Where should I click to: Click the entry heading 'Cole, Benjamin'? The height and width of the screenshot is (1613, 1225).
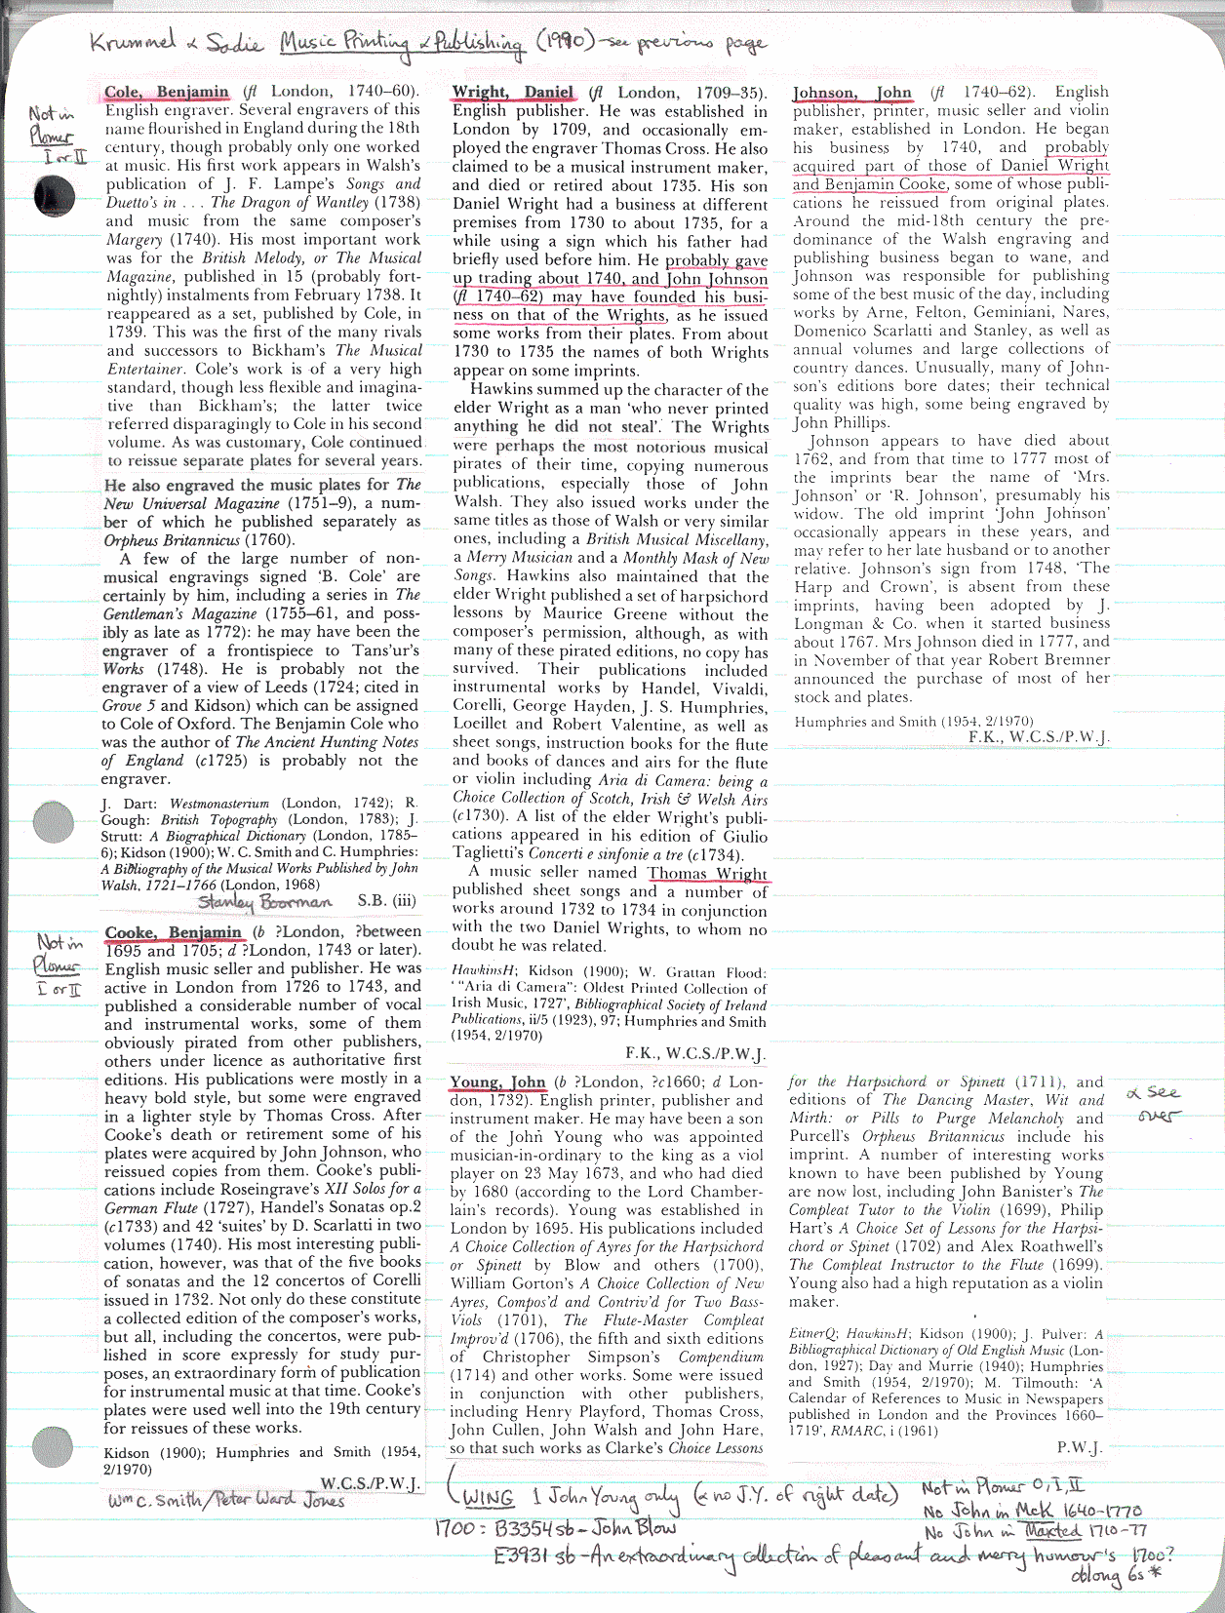click(166, 93)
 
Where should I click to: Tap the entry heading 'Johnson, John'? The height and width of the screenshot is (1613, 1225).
click(852, 93)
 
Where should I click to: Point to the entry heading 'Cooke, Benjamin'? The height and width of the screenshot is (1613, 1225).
click(174, 932)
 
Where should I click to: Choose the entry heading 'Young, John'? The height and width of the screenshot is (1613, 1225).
click(497, 1082)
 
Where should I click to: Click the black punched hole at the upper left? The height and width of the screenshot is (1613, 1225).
click(53, 197)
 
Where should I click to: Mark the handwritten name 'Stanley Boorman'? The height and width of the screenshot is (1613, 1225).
click(264, 902)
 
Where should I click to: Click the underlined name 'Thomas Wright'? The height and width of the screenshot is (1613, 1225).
click(708, 874)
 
